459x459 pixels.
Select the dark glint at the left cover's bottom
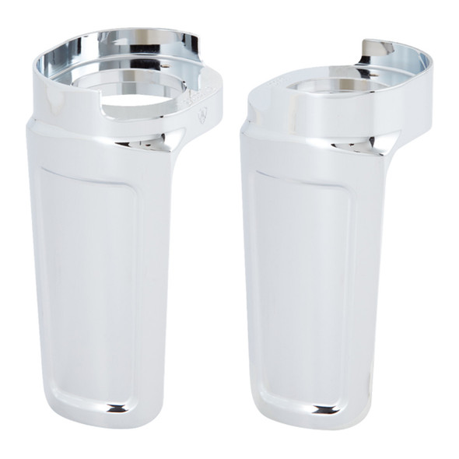[x=117, y=407]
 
